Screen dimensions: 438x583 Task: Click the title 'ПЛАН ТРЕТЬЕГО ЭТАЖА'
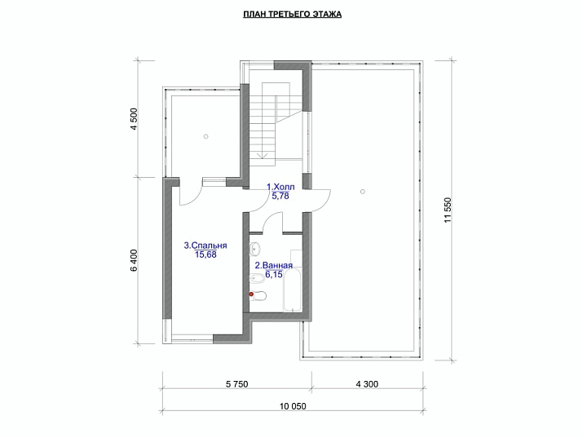[292, 15]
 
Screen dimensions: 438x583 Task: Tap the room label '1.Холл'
[280, 187]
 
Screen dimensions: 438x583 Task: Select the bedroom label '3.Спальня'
[205, 245]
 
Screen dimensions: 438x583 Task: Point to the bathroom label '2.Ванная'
[273, 265]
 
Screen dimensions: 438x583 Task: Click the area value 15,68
[205, 254]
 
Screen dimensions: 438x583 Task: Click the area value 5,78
[280, 196]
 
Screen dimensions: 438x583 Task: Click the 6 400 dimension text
[133, 259]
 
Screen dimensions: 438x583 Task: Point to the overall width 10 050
[292, 406]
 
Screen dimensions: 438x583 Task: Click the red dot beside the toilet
[252, 294]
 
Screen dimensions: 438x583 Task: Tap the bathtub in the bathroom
[293, 290]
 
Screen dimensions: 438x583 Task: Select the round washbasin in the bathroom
[255, 248]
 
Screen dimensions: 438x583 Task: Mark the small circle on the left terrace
[206, 136]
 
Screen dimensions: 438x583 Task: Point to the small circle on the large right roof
[361, 191]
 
